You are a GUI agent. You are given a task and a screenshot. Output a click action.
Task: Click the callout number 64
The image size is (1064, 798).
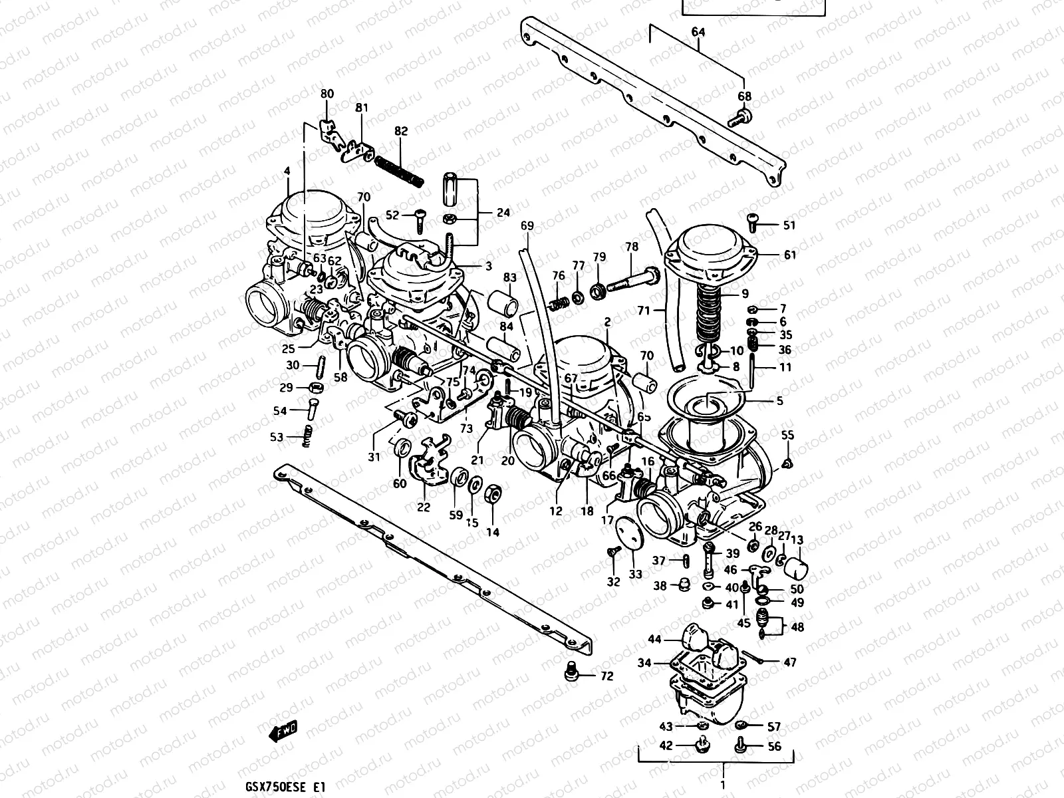pyautogui.click(x=698, y=32)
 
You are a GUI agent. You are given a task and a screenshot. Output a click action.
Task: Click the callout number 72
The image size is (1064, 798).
pyautogui.click(x=606, y=676)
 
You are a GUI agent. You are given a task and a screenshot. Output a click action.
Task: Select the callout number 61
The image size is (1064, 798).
pyautogui.click(x=789, y=255)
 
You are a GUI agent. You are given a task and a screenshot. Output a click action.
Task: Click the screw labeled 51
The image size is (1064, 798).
pyautogui.click(x=753, y=219)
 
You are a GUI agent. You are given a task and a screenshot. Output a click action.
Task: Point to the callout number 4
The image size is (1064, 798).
pyautogui.click(x=287, y=172)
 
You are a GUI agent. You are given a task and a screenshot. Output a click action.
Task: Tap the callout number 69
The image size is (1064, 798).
pyautogui.click(x=527, y=226)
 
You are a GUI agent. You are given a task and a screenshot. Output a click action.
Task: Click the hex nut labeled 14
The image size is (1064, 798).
pyautogui.click(x=493, y=494)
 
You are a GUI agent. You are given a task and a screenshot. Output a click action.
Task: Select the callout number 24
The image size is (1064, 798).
pyautogui.click(x=503, y=213)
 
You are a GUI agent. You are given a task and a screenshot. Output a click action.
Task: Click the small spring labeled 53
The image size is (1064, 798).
pyautogui.click(x=307, y=436)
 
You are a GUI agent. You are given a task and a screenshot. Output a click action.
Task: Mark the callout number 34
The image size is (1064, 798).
pyautogui.click(x=644, y=663)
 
